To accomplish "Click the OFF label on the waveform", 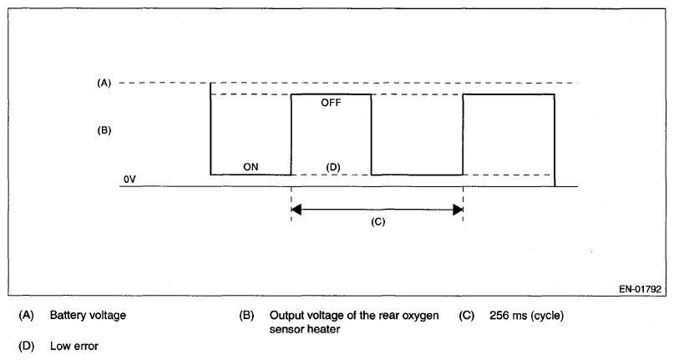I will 331,103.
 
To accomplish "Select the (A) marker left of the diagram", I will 104,83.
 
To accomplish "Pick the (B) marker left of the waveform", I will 104,131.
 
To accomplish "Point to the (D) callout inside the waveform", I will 332,166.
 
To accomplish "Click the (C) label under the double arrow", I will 378,223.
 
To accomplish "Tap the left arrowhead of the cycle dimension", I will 296,209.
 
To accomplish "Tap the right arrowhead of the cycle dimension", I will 457,209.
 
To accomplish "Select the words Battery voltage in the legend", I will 88,316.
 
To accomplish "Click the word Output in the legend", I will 287,316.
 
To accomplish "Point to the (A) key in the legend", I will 25,316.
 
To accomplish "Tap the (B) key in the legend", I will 246,316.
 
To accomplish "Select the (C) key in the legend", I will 468,316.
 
